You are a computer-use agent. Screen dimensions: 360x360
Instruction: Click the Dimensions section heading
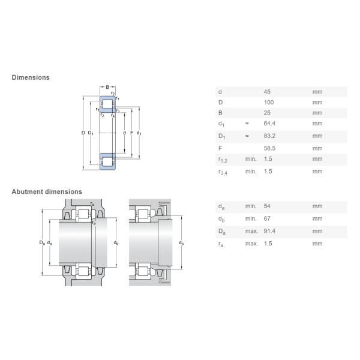coord(31,77)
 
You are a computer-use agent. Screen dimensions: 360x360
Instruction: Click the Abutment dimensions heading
coord(47,192)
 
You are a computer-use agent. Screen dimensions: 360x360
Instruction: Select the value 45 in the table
coord(268,92)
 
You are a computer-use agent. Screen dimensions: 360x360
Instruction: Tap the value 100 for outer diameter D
coord(269,103)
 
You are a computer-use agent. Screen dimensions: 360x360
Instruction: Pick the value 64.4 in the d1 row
coord(270,124)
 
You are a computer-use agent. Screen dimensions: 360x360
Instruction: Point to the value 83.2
coord(270,136)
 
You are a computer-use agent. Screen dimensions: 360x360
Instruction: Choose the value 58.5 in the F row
coord(270,148)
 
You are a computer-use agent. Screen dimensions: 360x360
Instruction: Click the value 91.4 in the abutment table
coord(270,232)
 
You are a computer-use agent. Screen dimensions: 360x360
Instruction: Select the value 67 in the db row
coord(268,219)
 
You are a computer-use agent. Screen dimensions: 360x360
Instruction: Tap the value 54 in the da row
coord(268,206)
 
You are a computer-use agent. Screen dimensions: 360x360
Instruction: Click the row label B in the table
coord(220,113)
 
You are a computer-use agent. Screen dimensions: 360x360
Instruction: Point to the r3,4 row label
coord(222,172)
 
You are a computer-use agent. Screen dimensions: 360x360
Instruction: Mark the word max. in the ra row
coord(251,244)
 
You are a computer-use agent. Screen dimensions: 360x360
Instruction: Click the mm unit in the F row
coord(317,148)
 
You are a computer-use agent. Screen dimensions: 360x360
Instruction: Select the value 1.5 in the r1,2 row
coord(269,159)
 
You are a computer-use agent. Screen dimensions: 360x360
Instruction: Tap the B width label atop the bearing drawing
coord(107,88)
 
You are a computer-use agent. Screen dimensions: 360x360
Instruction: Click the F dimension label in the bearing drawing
coord(131,133)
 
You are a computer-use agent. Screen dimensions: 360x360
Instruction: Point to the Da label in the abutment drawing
coord(42,242)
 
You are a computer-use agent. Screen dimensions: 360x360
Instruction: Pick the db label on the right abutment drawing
coord(181,242)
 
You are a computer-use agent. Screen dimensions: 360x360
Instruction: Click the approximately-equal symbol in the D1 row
coord(247,136)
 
